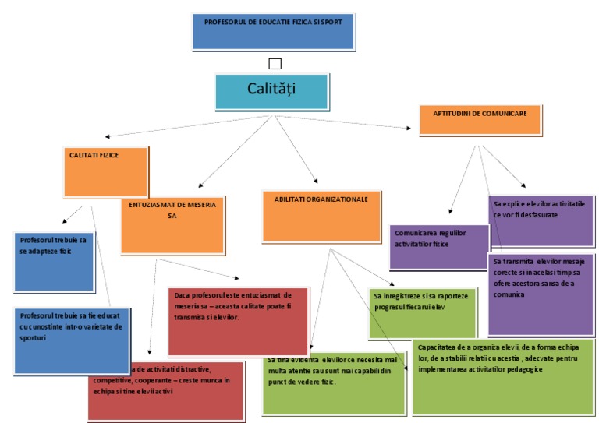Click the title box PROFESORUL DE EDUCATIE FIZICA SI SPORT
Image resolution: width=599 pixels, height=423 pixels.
(272, 30)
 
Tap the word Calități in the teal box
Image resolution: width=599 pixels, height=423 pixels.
(271, 90)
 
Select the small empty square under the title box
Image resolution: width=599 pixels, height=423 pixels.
(274, 64)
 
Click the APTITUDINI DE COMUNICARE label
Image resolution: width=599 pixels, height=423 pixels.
(480, 113)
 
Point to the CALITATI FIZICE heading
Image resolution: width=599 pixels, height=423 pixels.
(94, 156)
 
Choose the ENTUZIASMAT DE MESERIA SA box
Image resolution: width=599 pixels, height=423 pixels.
(172, 225)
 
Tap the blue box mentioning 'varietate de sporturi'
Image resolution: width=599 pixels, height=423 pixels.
(72, 340)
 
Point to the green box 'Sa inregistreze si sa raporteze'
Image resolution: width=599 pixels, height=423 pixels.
(421, 312)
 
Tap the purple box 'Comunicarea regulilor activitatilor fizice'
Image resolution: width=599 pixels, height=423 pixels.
(438, 246)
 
